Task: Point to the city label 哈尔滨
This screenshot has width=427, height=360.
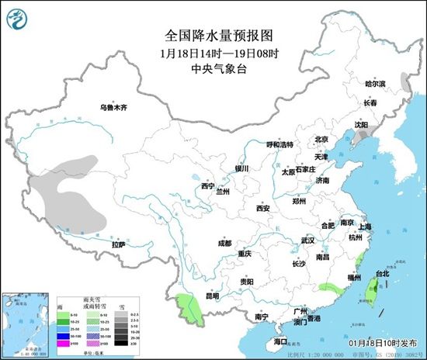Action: click(x=376, y=83)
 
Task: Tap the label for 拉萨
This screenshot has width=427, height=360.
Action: click(x=118, y=245)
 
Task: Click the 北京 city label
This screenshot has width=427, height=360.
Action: click(x=321, y=140)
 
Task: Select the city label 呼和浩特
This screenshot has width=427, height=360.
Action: click(x=279, y=145)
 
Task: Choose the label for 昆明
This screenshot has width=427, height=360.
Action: click(x=211, y=296)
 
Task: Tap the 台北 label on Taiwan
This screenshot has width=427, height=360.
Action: click(x=383, y=273)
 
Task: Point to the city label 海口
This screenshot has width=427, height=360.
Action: click(x=280, y=341)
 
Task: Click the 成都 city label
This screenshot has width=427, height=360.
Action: click(x=224, y=243)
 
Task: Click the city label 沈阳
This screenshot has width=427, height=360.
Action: click(x=361, y=124)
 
